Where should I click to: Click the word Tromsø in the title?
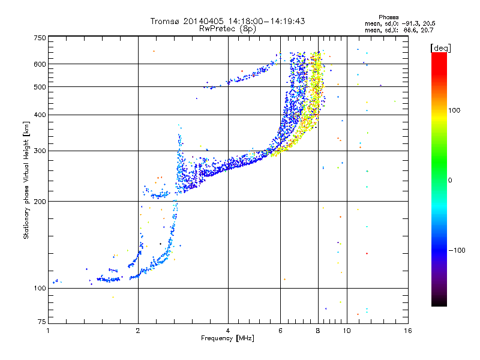(165, 21)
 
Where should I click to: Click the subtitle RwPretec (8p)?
(227, 29)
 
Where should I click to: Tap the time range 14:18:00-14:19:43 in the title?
(266, 21)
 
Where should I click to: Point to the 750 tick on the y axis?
(40, 38)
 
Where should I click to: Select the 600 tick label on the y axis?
(40, 64)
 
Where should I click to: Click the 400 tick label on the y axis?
(40, 115)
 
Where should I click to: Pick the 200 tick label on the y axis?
(40, 202)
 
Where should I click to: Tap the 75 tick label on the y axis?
(42, 322)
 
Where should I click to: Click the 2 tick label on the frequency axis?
(138, 331)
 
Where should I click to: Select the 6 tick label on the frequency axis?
(280, 331)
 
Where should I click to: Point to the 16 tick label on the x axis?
(408, 331)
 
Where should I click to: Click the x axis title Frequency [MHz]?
(227, 338)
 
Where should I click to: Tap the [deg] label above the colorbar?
(440, 49)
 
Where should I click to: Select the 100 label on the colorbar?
(454, 110)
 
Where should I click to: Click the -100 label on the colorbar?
(457, 250)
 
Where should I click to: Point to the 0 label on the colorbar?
(450, 181)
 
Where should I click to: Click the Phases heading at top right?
(388, 17)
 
